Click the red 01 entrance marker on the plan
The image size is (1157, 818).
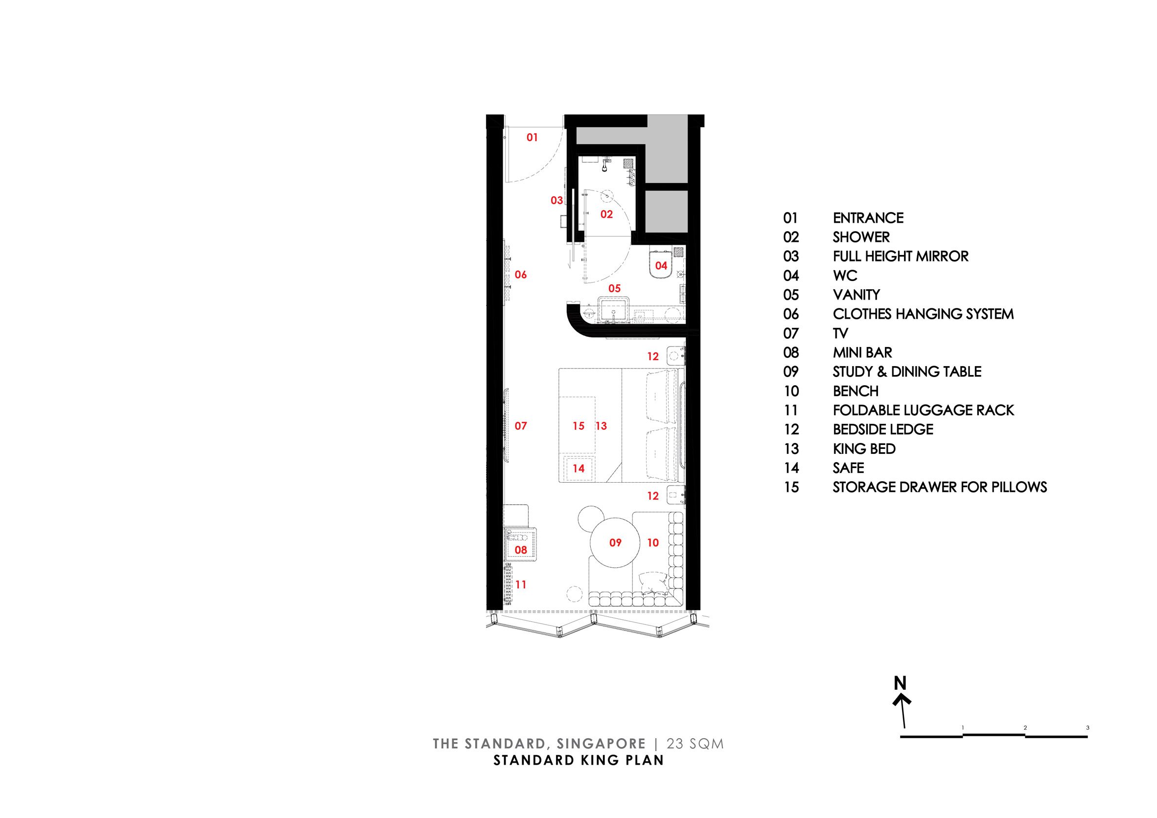click(532, 137)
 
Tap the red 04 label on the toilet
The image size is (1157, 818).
click(661, 266)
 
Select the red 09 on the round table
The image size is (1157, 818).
click(615, 543)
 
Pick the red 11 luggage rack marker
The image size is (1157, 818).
click(521, 584)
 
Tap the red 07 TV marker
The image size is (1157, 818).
click(521, 426)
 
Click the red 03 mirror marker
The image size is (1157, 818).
click(556, 201)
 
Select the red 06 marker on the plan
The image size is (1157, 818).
click(521, 275)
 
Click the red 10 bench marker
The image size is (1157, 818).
click(652, 543)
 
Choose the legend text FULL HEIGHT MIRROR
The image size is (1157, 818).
click(901, 257)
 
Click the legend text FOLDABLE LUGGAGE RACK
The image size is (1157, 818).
click(923, 410)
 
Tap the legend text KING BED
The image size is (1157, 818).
click(864, 449)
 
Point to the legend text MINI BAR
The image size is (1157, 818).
click(862, 353)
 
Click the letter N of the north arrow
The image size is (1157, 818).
click(900, 683)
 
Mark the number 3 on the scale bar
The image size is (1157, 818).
click(1088, 728)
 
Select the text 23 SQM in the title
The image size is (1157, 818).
click(695, 744)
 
